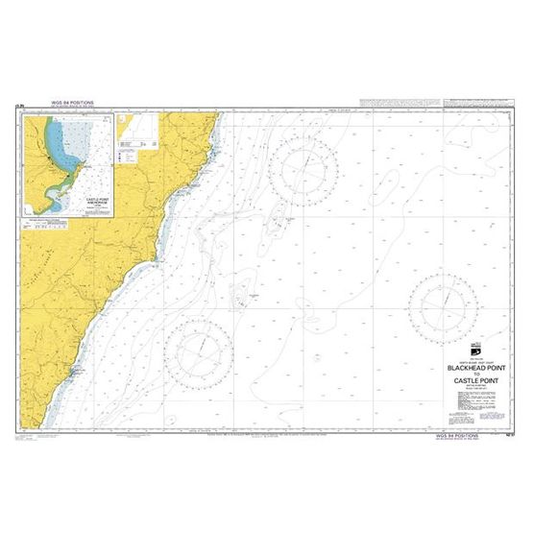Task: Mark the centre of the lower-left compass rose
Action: click(x=199, y=351)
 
